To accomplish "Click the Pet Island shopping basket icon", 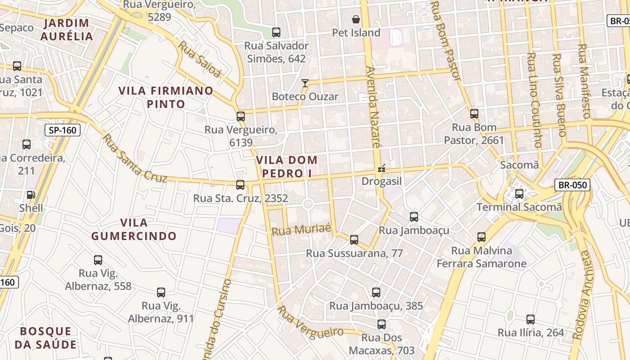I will tap(356, 19).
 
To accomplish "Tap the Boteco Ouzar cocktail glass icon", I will tap(305, 83).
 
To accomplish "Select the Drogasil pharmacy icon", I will tap(382, 169).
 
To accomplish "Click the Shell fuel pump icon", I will tap(31, 195).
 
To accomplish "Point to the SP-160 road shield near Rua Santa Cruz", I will tap(63, 130).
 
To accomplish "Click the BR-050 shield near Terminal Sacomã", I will tap(572, 184).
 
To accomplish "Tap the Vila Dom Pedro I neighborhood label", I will tap(287, 166).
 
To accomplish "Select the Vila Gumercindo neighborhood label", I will tap(134, 229).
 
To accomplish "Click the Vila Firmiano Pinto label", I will tap(166, 97).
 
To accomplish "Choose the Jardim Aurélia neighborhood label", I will tap(67, 30).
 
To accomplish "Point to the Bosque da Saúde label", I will tap(45, 338).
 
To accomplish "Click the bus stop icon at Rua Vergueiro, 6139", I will tap(241, 117).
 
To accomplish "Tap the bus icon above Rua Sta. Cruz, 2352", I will tap(240, 184).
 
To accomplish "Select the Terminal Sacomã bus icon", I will tap(519, 194).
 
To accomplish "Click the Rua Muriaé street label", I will tap(301, 230).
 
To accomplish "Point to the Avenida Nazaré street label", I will tap(373, 108).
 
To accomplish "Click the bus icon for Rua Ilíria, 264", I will tap(531, 319).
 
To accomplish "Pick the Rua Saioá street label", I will tap(200, 59).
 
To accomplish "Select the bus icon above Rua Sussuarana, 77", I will tap(354, 239).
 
